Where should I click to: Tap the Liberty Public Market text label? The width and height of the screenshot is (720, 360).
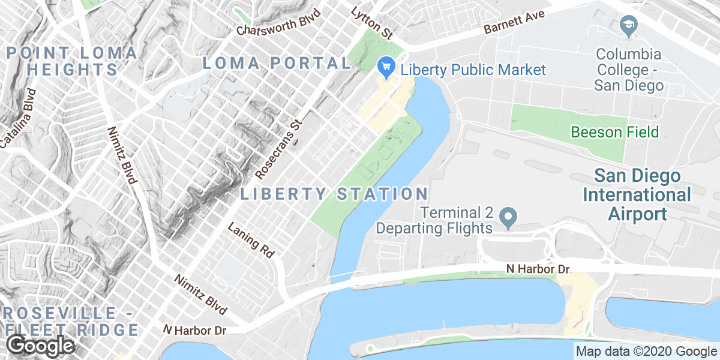(x=473, y=70)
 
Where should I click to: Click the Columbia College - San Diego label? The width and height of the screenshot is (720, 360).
(x=629, y=70)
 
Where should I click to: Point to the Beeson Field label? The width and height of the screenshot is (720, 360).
(x=615, y=132)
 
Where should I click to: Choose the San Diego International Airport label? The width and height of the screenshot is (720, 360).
(x=637, y=195)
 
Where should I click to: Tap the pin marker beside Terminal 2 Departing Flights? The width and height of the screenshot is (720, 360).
(x=509, y=217)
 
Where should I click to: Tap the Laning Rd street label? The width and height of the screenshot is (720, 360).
(x=251, y=240)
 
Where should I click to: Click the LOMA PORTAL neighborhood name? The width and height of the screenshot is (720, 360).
(x=276, y=63)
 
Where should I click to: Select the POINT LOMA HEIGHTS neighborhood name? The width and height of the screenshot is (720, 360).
(x=72, y=61)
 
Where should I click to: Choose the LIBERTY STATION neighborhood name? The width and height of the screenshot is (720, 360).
(x=334, y=194)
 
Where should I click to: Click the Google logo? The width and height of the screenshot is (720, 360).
(x=40, y=346)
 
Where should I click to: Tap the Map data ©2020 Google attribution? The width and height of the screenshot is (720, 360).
(x=646, y=352)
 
